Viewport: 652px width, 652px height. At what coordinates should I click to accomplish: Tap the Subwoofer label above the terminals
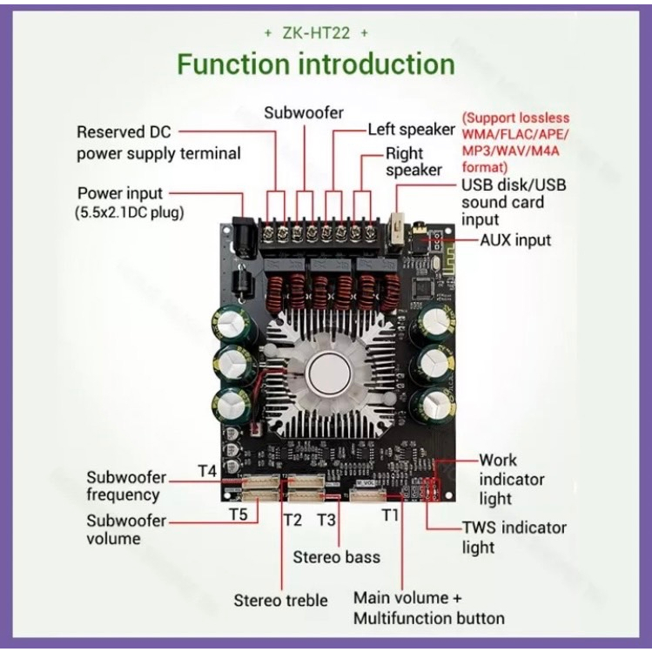point(305,112)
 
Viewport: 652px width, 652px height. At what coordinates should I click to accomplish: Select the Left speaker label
point(412,129)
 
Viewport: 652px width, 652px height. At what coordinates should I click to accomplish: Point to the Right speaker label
point(413,161)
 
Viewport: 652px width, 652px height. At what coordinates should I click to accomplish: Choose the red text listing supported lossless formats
point(515,142)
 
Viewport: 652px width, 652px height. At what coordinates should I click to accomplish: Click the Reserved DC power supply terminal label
point(158,143)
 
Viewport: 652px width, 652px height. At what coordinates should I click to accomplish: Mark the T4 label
point(206,471)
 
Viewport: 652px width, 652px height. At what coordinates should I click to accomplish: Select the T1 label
point(391,514)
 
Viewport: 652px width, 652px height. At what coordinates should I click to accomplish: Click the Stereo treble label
point(280,600)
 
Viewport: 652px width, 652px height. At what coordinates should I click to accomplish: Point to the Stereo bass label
point(336,556)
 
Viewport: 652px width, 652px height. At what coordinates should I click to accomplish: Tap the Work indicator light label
point(512,479)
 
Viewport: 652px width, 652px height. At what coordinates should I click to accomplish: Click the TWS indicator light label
point(514,537)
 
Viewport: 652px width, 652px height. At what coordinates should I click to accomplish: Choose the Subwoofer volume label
point(125,529)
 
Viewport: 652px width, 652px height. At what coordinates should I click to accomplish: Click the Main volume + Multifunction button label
point(428,608)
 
